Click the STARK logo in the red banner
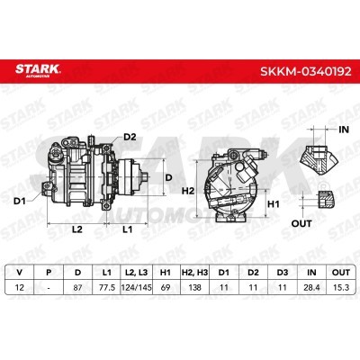[x=38, y=70]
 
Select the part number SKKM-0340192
[x=305, y=71]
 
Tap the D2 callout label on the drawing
[x=130, y=137]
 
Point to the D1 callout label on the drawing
[x=20, y=202]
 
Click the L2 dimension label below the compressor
[x=77, y=229]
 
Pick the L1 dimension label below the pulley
[x=128, y=229]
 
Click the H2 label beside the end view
[x=188, y=191]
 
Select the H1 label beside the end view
[x=274, y=204]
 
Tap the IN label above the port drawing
[x=344, y=130]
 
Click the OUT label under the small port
[x=301, y=223]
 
